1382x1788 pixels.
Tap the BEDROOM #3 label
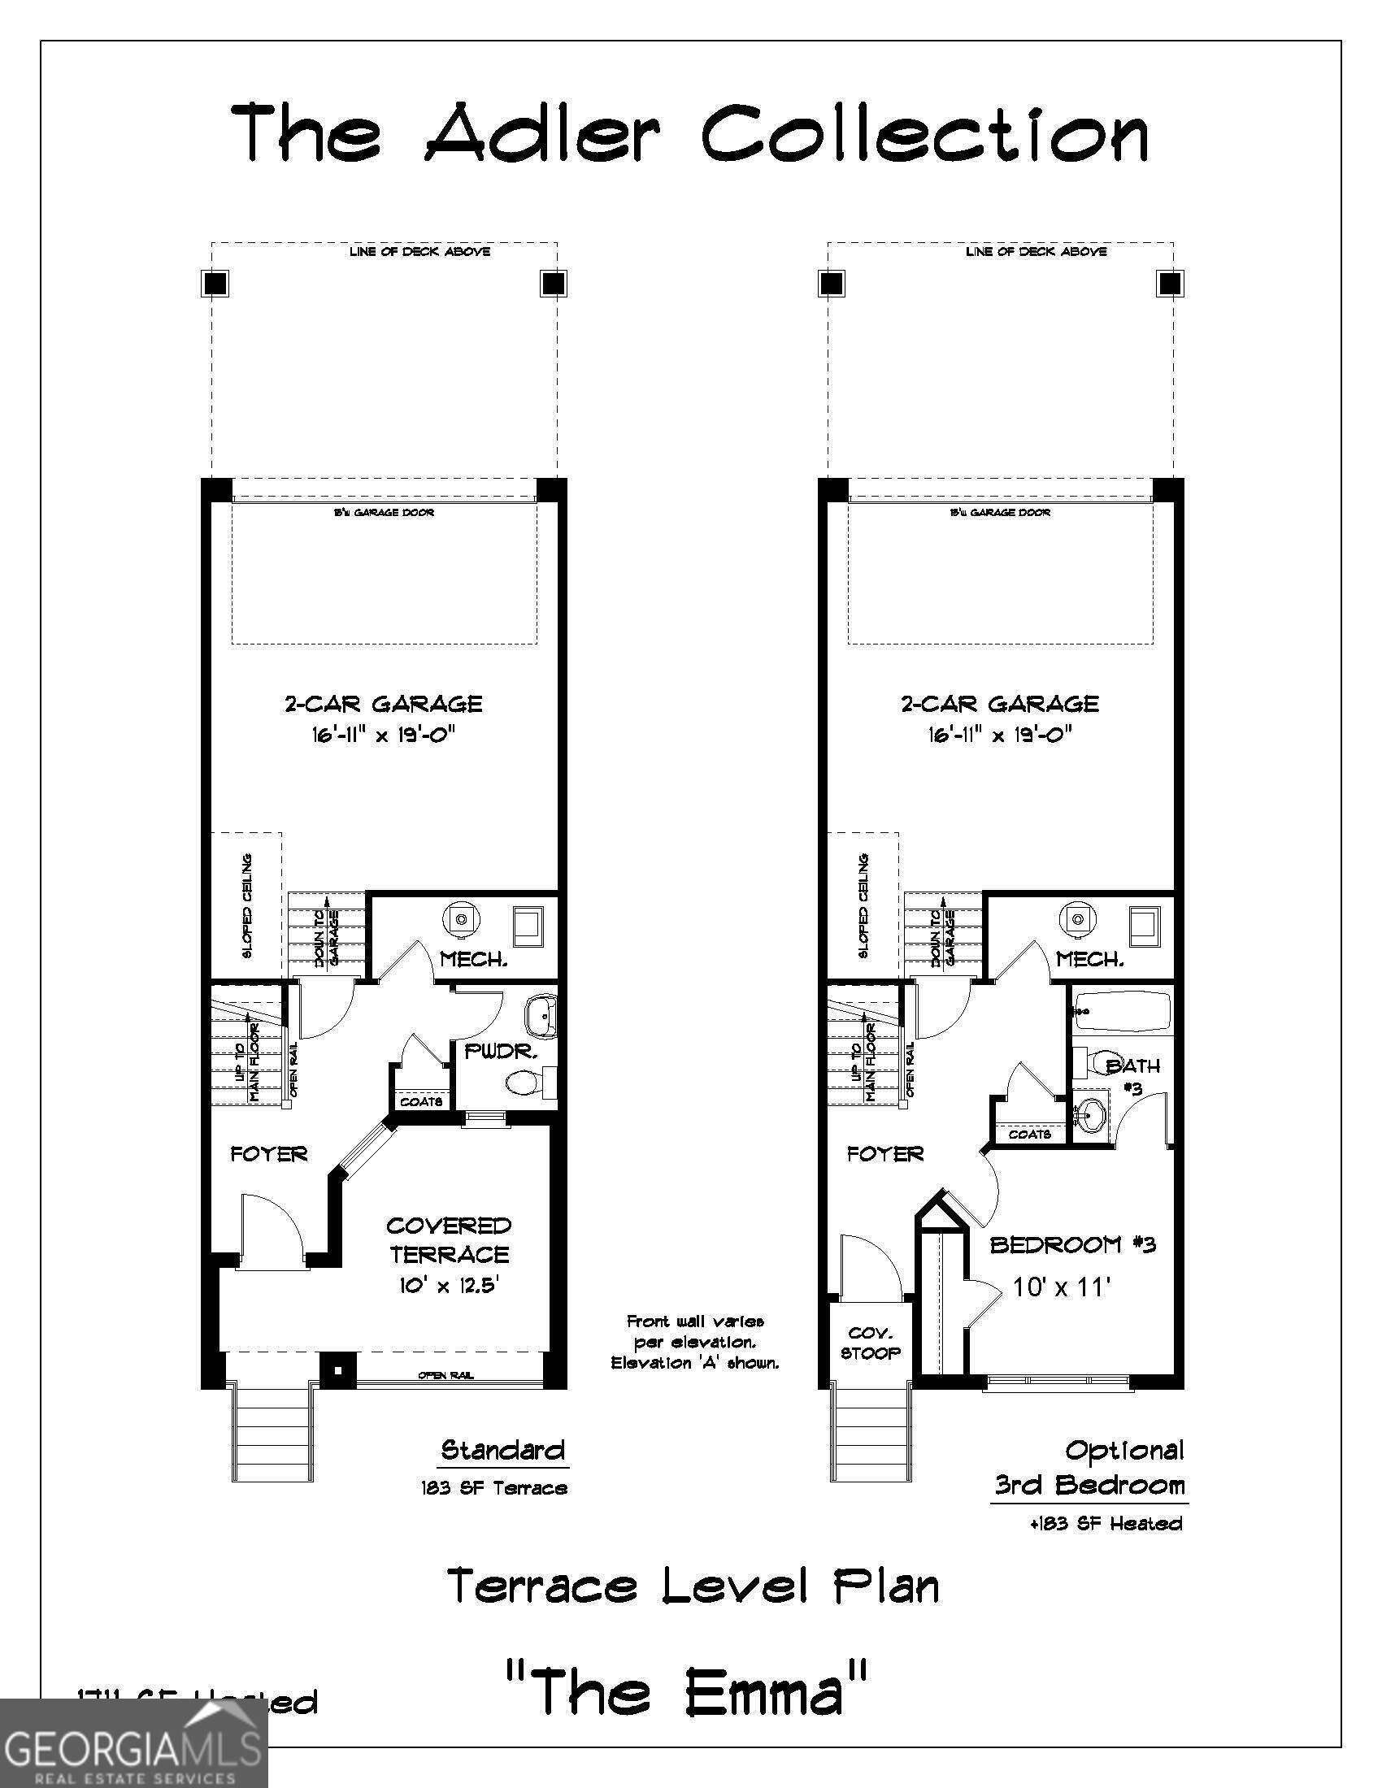click(x=1071, y=1244)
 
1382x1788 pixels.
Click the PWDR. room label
click(x=500, y=1051)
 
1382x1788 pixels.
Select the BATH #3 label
click(x=1133, y=1076)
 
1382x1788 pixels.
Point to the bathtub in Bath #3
click(x=1122, y=1012)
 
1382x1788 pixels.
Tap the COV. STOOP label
click(x=870, y=1343)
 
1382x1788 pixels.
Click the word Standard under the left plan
click(x=502, y=1451)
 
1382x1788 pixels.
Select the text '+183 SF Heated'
click(x=1106, y=1524)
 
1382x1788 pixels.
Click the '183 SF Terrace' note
click(x=493, y=1487)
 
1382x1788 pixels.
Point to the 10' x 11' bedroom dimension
click(x=1061, y=1288)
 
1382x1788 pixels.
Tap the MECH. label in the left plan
click(x=473, y=959)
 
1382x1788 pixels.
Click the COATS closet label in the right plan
click(x=1029, y=1134)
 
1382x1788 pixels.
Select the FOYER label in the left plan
click(x=268, y=1154)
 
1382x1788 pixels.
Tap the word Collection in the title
click(x=925, y=133)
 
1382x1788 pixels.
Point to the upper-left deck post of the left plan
click(x=215, y=284)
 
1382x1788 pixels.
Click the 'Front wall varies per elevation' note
click(x=695, y=1342)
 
